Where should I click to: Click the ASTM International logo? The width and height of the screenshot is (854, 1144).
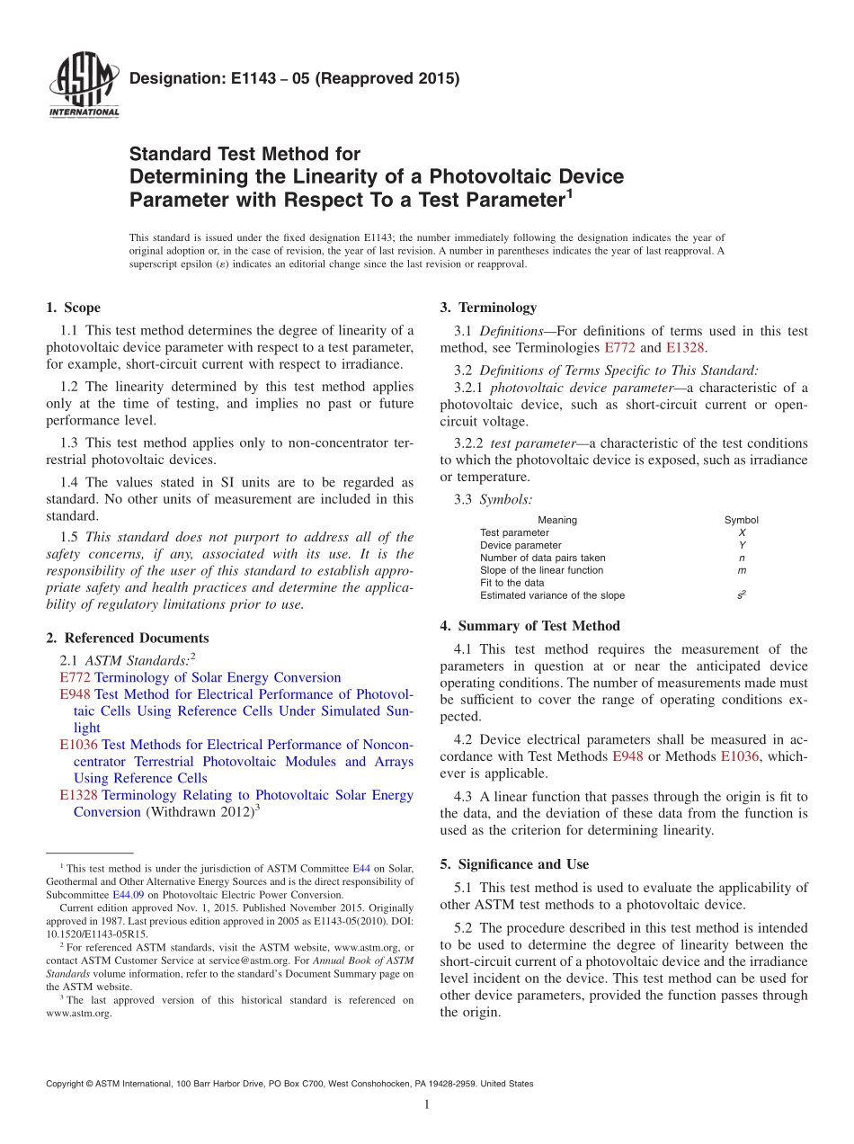pyautogui.click(x=83, y=86)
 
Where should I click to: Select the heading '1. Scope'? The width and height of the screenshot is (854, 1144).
pyautogui.click(x=73, y=308)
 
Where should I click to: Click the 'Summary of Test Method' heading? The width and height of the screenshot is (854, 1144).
pyautogui.click(x=529, y=626)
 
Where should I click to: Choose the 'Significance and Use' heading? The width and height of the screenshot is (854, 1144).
pyautogui.click(x=514, y=864)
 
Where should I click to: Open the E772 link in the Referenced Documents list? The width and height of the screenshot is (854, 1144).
pyautogui.click(x=75, y=677)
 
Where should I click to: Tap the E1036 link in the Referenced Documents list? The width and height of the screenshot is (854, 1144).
pyautogui.click(x=78, y=745)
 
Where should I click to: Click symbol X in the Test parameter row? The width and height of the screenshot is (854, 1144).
pyautogui.click(x=741, y=532)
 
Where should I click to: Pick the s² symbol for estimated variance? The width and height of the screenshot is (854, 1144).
pyautogui.click(x=741, y=594)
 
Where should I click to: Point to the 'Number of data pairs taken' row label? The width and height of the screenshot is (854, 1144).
pyautogui.click(x=542, y=558)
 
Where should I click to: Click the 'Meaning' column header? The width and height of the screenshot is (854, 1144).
pyautogui.click(x=557, y=520)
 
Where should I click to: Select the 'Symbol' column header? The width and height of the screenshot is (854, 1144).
pyautogui.click(x=741, y=520)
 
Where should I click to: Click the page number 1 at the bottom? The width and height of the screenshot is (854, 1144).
pyautogui.click(x=426, y=1105)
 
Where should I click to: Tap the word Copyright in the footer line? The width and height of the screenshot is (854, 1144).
pyautogui.click(x=67, y=1084)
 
